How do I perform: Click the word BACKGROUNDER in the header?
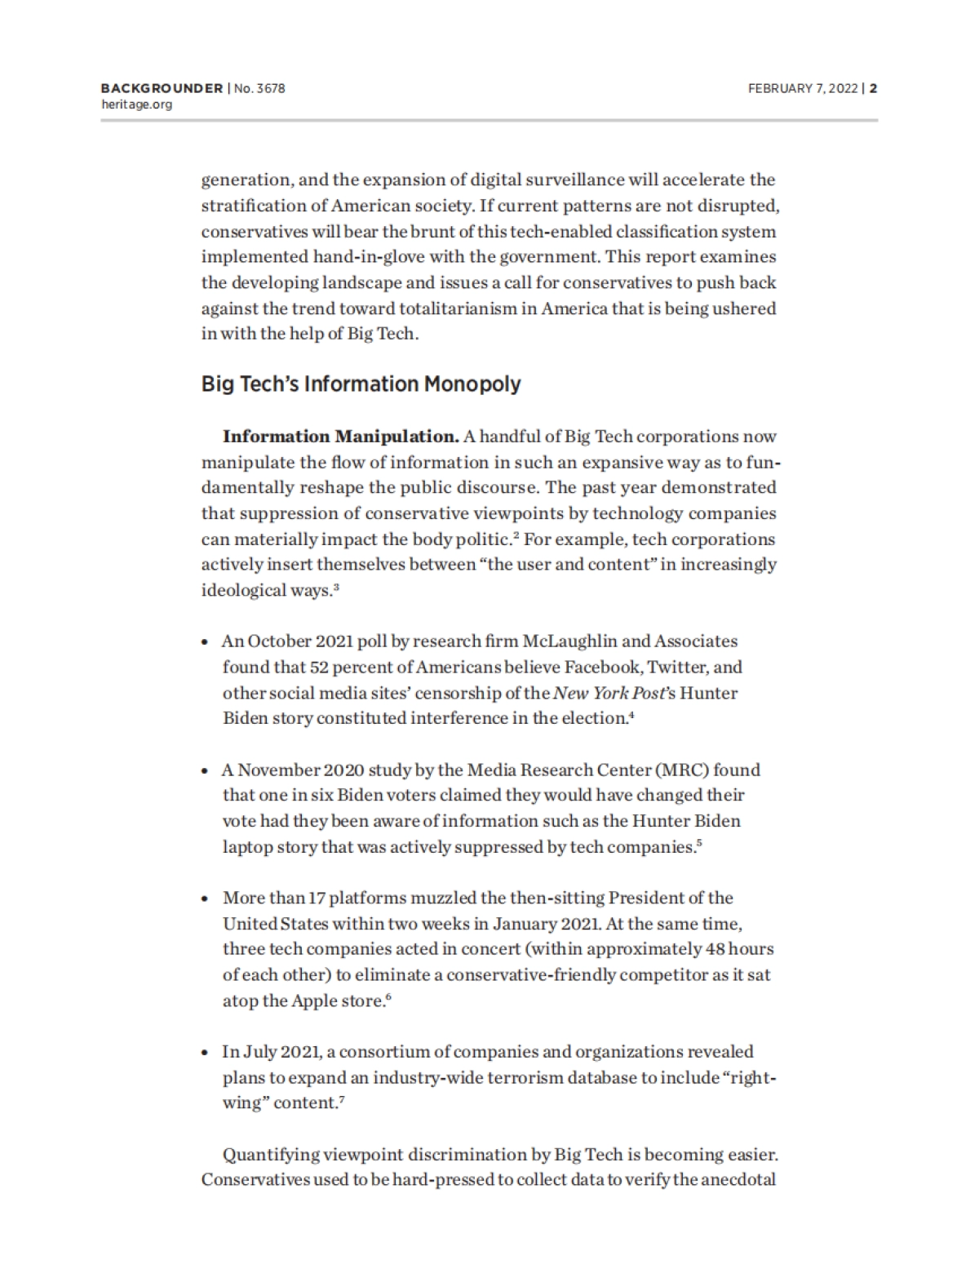pyautogui.click(x=162, y=88)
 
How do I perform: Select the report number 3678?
pyautogui.click(x=270, y=88)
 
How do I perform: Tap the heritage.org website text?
pyautogui.click(x=136, y=104)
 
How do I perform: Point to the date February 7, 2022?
pyautogui.click(x=803, y=88)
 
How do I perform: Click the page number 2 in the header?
pyautogui.click(x=873, y=88)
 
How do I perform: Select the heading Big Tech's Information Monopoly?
pyautogui.click(x=361, y=384)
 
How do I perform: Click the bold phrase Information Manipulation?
pyautogui.click(x=340, y=436)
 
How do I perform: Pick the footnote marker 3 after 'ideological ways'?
pyautogui.click(x=336, y=588)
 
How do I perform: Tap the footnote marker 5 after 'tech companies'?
pyautogui.click(x=699, y=844)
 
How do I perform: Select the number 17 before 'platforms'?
pyautogui.click(x=317, y=898)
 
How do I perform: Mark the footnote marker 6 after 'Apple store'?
pyautogui.click(x=388, y=997)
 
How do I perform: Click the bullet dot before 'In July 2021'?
pyautogui.click(x=206, y=1052)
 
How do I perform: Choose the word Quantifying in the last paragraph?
pyautogui.click(x=272, y=1154)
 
